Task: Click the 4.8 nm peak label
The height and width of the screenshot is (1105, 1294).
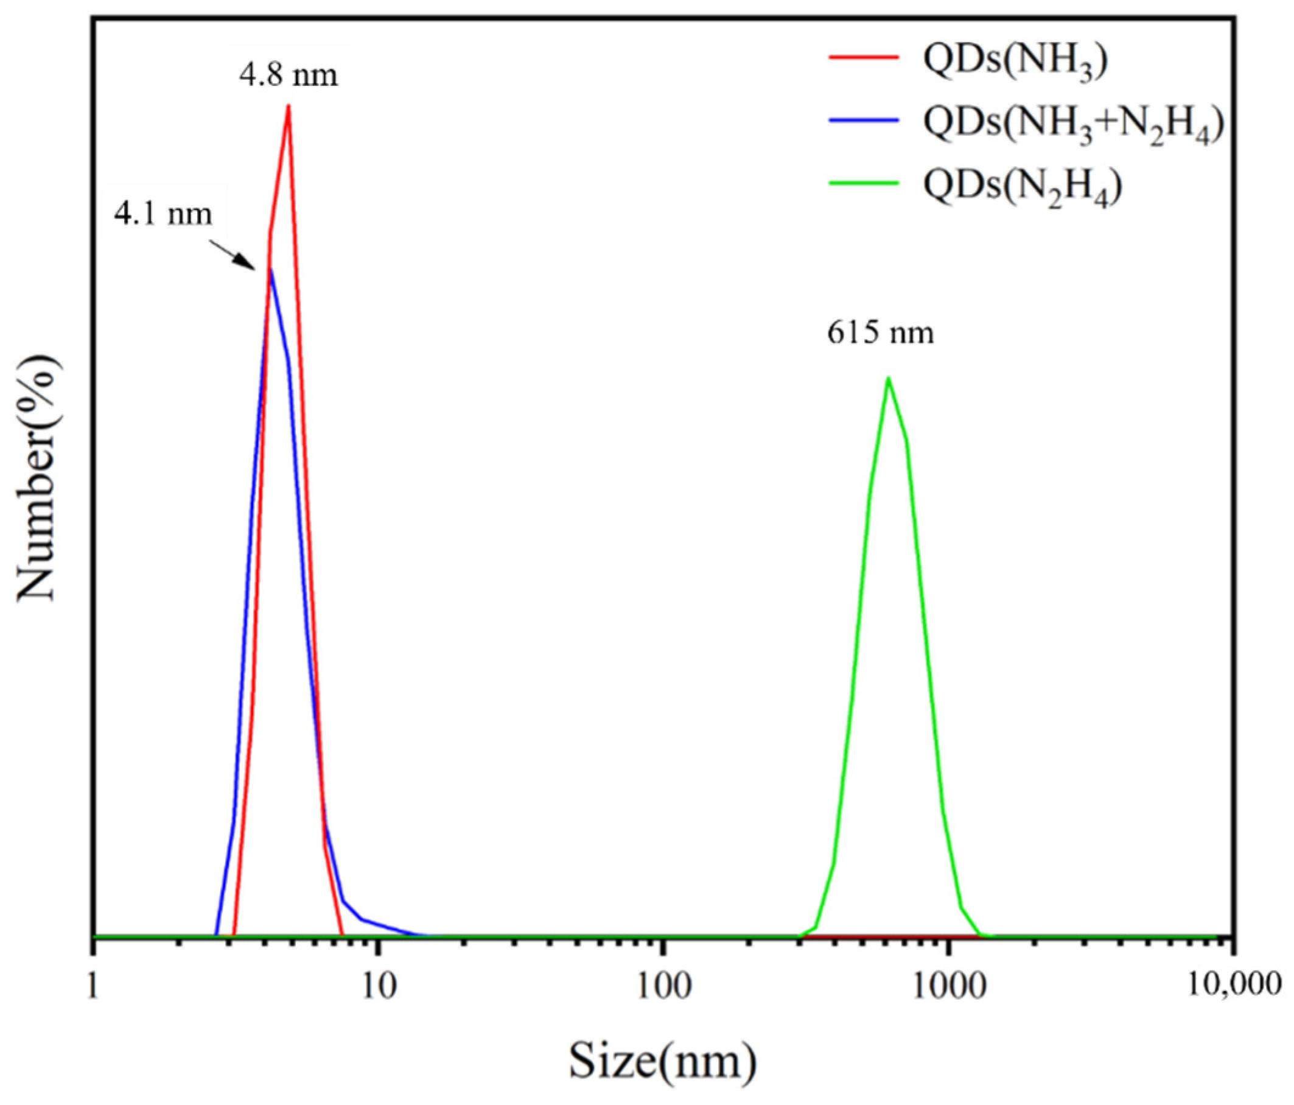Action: (288, 75)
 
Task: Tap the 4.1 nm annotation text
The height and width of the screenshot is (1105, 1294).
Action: (163, 214)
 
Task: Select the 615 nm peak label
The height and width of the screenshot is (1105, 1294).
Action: (881, 332)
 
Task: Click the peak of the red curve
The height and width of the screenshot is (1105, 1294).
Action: (288, 106)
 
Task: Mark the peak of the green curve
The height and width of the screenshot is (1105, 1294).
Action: (887, 378)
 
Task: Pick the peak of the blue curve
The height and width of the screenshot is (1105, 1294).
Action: (270, 270)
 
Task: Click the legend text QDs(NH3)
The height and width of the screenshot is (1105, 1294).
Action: (1015, 62)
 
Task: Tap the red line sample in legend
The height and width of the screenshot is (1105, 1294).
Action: (864, 57)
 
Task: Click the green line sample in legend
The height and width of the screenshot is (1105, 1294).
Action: (864, 183)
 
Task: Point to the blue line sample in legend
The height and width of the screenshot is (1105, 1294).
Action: (864, 120)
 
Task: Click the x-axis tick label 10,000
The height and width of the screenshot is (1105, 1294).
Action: (1233, 986)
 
